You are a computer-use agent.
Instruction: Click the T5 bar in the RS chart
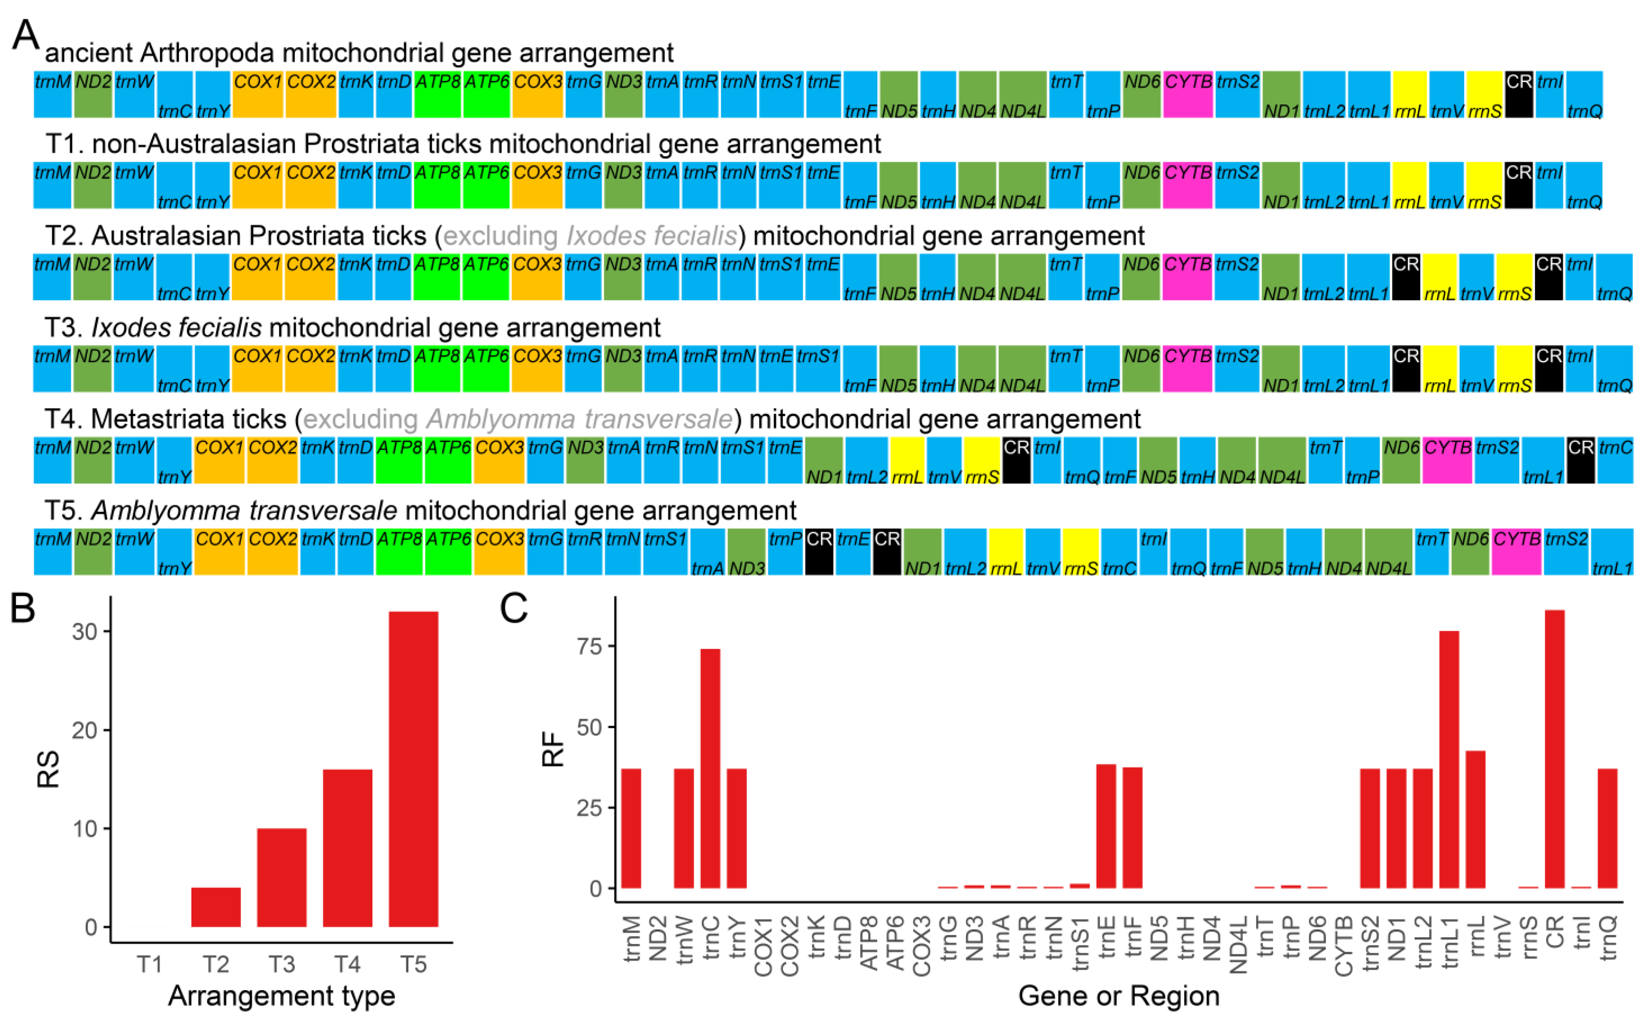[413, 768]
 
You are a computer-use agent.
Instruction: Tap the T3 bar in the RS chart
[281, 877]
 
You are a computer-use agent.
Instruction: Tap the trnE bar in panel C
[1106, 826]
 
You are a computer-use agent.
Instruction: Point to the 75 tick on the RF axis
[589, 646]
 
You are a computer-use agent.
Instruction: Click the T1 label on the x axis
[149, 964]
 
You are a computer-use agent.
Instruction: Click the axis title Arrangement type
[281, 996]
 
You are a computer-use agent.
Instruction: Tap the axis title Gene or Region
[1118, 996]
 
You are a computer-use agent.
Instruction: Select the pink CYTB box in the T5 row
[1517, 551]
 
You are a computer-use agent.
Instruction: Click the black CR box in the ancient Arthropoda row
[1518, 94]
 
